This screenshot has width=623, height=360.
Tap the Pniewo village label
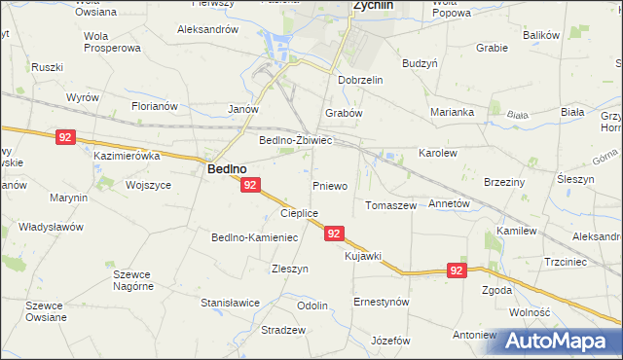(330, 185)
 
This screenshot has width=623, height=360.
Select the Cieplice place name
(299, 213)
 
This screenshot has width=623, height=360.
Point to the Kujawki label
(363, 255)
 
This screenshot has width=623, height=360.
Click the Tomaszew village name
(390, 206)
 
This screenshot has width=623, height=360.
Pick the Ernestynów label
(381, 302)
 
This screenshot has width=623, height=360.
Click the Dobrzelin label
(362, 80)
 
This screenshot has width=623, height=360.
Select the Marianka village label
(455, 112)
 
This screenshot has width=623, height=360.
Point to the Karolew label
(437, 154)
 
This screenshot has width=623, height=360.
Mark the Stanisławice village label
(230, 303)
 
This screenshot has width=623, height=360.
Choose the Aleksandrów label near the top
(207, 30)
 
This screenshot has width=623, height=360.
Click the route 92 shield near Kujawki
(334, 234)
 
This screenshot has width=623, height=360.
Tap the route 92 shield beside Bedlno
(250, 185)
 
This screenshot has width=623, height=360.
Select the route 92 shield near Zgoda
(457, 270)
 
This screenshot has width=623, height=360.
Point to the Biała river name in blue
(518, 116)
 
